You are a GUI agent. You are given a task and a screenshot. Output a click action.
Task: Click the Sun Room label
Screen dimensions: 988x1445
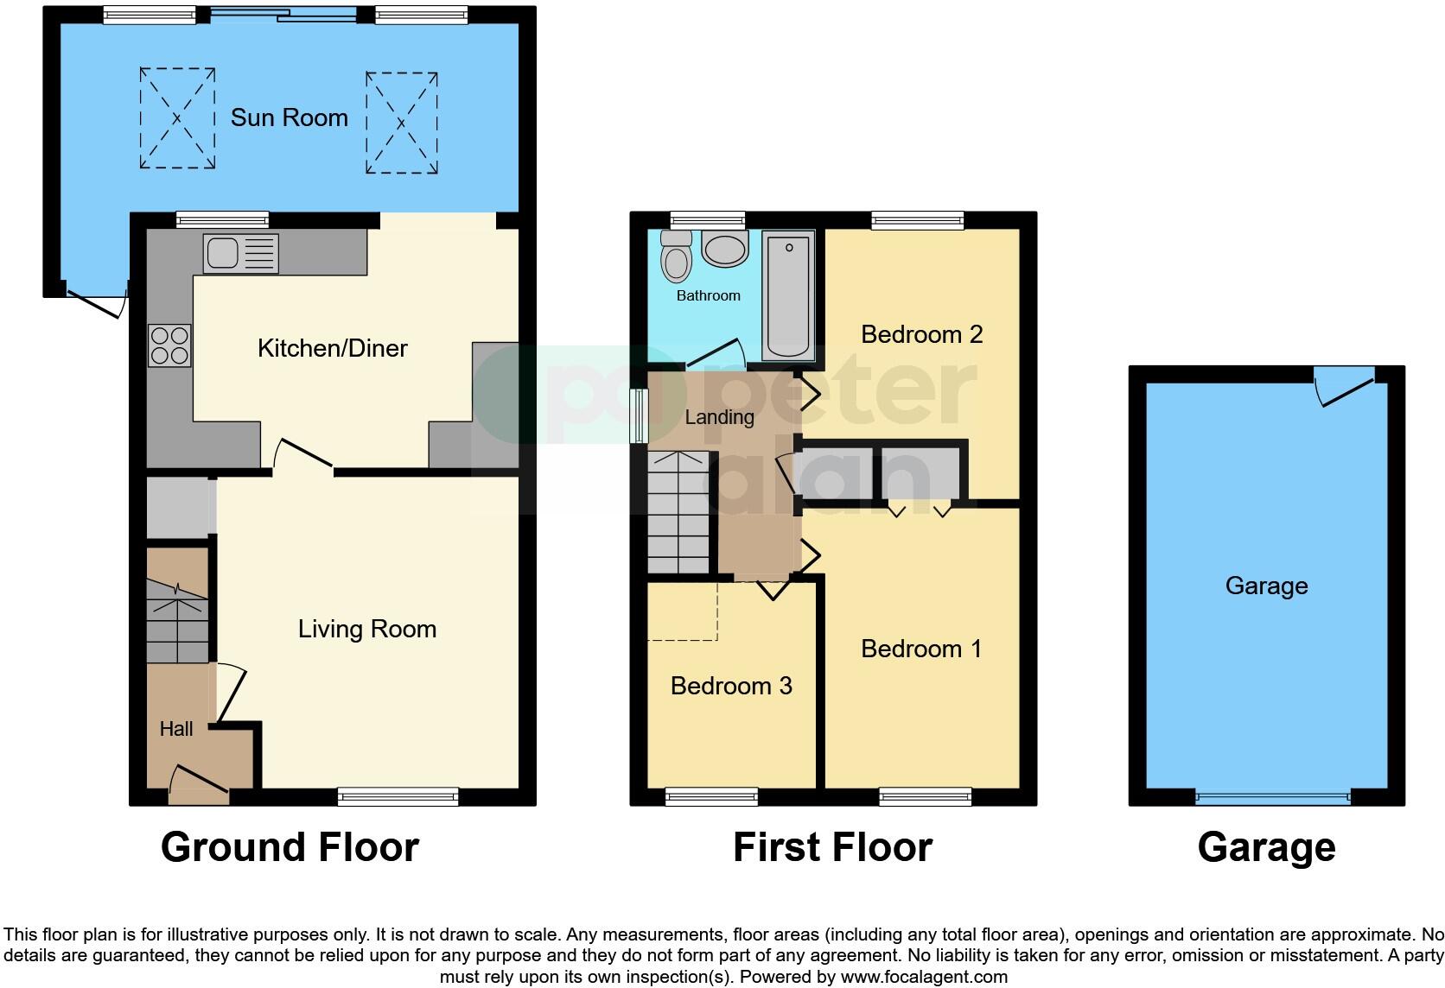[289, 117]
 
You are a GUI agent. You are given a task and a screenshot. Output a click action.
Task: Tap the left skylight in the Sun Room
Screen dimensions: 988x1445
[177, 118]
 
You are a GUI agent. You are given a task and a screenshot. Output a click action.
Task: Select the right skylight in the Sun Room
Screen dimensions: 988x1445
[401, 123]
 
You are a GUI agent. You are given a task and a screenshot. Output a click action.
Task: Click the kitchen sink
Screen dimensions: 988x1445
[241, 253]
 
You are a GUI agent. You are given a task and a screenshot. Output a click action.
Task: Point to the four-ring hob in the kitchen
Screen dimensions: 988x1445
[169, 345]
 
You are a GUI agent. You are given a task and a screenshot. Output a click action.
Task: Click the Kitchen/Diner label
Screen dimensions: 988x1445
[332, 348]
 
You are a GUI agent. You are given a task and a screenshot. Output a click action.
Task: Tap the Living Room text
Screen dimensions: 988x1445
[366, 629]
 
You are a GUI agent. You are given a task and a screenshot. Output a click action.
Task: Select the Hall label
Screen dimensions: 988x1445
[176, 729]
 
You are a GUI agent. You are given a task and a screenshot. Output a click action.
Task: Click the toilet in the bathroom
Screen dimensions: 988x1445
[674, 256]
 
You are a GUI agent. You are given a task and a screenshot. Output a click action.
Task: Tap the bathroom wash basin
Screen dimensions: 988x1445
[724, 249]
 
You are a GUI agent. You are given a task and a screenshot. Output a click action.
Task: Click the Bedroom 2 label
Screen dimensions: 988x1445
[921, 334]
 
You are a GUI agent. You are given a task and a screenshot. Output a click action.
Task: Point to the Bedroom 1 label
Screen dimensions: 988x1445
[921, 649]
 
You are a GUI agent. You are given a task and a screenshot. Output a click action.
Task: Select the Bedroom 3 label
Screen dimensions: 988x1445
[731, 686]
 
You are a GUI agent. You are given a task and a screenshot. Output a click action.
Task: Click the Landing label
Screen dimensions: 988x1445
[719, 417]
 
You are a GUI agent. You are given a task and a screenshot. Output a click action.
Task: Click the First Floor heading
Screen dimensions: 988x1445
[832, 847]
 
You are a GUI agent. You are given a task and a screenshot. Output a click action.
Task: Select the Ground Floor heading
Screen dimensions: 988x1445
[290, 847]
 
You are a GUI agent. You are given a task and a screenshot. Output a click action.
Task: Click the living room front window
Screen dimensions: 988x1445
[398, 796]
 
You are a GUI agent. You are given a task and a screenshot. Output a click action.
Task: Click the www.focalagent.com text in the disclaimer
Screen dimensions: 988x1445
[923, 977]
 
